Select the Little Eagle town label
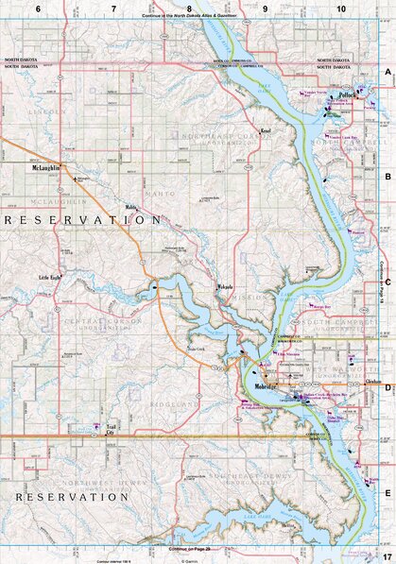click(49, 276)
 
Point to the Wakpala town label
click(223, 285)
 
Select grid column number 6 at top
click(38, 8)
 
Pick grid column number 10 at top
click(340, 8)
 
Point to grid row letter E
click(387, 492)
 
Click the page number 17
click(387, 552)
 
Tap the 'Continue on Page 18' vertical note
click(381, 283)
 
